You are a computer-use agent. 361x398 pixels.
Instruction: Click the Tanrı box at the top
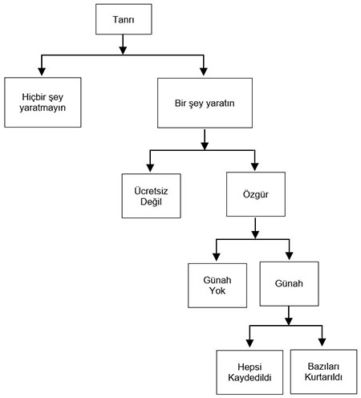point(124,19)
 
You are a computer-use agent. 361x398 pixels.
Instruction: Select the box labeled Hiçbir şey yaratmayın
point(43,103)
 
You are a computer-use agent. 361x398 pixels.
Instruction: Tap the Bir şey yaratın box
point(205,103)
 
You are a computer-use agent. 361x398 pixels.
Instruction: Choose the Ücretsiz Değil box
point(152,196)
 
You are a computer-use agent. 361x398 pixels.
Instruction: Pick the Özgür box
point(256,194)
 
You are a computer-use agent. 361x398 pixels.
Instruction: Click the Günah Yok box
point(217,286)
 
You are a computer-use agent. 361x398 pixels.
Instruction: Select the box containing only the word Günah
point(289,284)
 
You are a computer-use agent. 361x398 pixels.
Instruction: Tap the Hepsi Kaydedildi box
point(249,372)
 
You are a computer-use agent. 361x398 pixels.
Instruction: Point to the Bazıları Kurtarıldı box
point(323,372)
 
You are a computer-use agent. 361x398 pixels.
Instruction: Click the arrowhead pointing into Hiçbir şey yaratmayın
point(42,71)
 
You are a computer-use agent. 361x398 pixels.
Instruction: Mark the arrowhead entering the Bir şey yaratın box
point(204,71)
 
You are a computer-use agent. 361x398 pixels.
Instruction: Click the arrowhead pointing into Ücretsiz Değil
point(150,168)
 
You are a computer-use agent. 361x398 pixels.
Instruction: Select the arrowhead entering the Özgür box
point(254,167)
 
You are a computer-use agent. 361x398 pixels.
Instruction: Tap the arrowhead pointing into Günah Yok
point(217,257)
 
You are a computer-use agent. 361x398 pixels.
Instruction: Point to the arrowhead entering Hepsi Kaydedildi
point(249,343)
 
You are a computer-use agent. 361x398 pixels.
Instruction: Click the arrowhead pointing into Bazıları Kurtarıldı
point(322,343)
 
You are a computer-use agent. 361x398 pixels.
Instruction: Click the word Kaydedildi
point(249,378)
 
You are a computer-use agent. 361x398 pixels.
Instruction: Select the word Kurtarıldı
point(323,377)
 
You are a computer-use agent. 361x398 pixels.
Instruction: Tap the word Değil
point(151,202)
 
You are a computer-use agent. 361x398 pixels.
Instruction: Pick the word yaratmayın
point(43,108)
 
